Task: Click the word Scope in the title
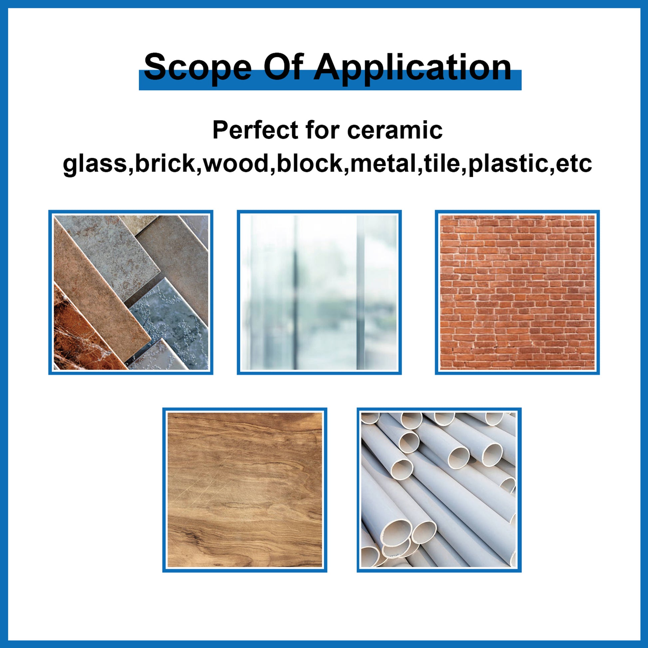197,67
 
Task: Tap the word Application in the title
412,67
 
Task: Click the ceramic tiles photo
131,292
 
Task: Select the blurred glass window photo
319,292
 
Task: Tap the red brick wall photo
517,292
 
